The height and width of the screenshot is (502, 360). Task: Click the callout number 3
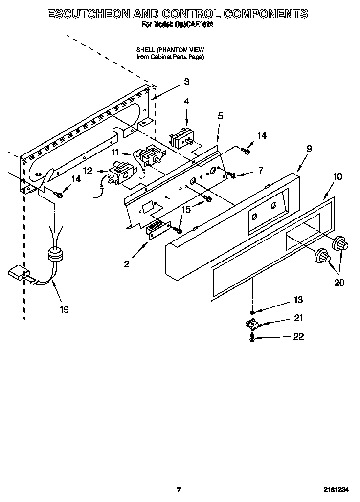(187, 82)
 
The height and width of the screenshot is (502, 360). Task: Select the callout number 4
(186, 101)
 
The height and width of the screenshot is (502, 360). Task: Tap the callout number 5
(220, 116)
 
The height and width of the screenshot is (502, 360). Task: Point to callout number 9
(309, 148)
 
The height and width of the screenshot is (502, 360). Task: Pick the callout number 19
(64, 309)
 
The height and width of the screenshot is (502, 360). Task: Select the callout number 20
(339, 282)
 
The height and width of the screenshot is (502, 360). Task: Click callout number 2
(127, 264)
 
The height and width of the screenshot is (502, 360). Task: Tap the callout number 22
(298, 337)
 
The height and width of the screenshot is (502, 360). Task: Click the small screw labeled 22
(252, 338)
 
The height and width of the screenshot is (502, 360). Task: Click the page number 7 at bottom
(179, 490)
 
